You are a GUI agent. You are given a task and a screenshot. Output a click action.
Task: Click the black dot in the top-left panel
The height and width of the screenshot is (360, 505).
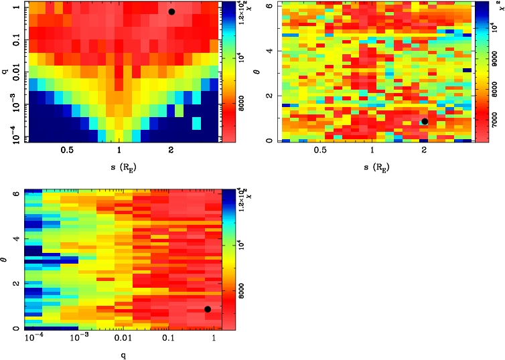pos(171,12)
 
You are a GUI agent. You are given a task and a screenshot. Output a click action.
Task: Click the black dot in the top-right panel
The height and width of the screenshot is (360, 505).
pos(425,121)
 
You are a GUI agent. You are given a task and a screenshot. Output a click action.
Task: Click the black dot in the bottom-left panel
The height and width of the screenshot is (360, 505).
pos(208,309)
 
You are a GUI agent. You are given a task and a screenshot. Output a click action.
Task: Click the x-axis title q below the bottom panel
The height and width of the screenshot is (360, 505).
pos(124,355)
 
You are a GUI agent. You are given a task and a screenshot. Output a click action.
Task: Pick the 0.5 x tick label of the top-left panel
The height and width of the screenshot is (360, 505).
pos(67,151)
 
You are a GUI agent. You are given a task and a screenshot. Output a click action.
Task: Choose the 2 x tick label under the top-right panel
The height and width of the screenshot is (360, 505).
pos(425,151)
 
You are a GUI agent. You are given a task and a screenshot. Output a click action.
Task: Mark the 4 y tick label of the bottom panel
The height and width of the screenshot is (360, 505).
pos(15,238)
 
